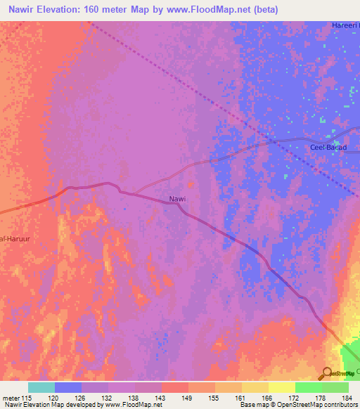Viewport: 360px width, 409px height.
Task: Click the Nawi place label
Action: (177, 199)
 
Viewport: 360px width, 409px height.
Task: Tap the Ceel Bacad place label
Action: (328, 147)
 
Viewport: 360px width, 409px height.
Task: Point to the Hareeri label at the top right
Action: (345, 26)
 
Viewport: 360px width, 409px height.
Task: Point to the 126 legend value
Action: (81, 398)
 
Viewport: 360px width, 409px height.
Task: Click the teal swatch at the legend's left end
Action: (41, 387)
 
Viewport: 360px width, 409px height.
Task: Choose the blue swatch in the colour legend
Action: (68, 387)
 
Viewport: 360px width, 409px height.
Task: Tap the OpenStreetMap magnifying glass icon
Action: (327, 374)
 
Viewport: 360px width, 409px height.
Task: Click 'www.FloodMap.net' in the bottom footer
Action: (134, 405)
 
